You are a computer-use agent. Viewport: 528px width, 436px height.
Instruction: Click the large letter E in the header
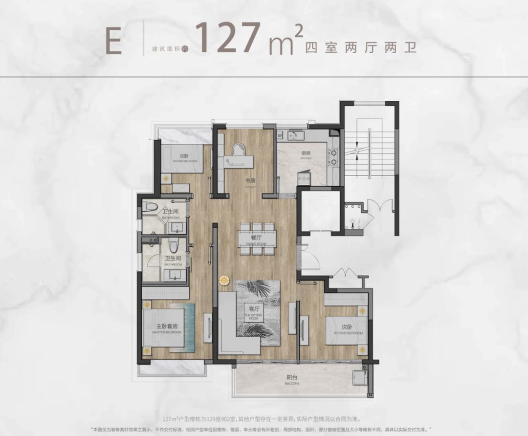pyautogui.click(x=113, y=43)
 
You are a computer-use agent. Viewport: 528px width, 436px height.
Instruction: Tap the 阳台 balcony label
pyautogui.click(x=293, y=378)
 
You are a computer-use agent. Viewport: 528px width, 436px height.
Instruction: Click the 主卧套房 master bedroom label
pyautogui.click(x=166, y=328)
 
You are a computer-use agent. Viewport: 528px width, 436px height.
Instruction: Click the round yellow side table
pyautogui.click(x=224, y=280)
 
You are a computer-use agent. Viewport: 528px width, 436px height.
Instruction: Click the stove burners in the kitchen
pyautogui.click(x=334, y=155)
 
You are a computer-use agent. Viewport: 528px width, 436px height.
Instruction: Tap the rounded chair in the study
pyautogui.click(x=239, y=149)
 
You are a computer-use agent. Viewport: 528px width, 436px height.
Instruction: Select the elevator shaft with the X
pyautogui.click(x=319, y=211)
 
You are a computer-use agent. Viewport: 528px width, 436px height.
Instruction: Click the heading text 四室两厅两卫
pyautogui.click(x=361, y=48)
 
